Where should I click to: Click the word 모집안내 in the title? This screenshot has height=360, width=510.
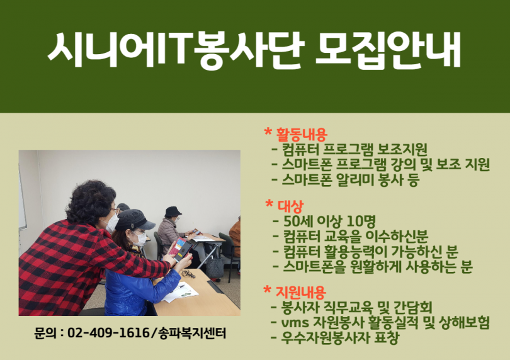point(388,51)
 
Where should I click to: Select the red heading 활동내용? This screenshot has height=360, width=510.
point(301,133)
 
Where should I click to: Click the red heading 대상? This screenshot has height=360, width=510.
point(290,205)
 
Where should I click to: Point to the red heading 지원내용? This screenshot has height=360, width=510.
point(300,291)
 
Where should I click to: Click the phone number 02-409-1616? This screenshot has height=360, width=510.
point(108,333)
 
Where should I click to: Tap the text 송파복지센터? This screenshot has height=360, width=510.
point(191,333)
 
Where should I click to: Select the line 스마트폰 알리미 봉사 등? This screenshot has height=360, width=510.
point(350,180)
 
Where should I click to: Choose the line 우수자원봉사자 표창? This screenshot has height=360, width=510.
point(339,337)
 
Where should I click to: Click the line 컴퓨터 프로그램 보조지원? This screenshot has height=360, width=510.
point(354,150)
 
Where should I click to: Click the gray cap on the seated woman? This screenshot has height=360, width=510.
point(134,220)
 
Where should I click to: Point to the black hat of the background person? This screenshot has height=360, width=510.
point(173,211)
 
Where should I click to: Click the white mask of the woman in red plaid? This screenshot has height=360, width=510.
point(112,223)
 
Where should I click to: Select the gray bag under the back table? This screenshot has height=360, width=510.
point(215,267)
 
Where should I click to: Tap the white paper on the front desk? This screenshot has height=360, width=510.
point(180,291)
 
